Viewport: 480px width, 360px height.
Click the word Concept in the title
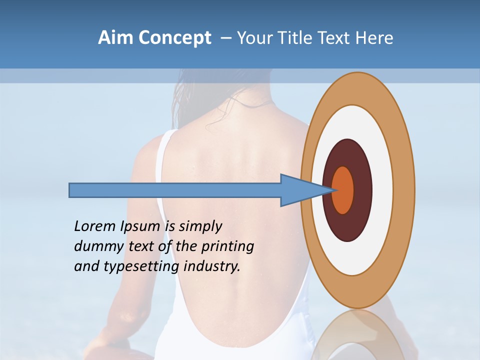pos(175,38)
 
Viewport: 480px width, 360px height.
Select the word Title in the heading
pos(296,38)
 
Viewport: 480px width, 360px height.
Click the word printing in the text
pos(227,246)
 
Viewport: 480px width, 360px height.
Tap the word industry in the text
pos(211,266)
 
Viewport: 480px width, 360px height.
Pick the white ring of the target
pos(382,190)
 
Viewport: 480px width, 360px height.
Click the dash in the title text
pos(225,38)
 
